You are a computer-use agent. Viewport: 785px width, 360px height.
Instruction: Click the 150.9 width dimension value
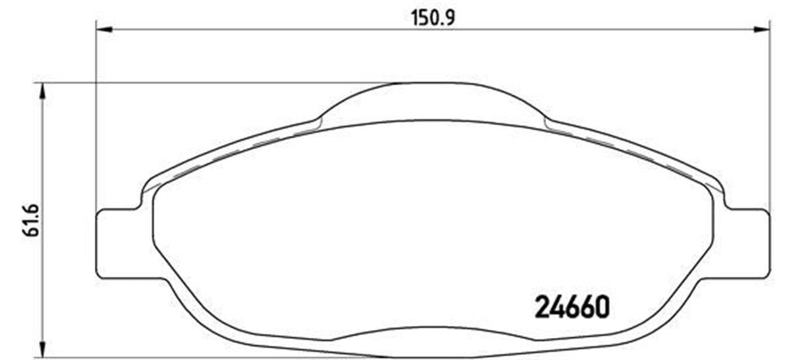[433, 18]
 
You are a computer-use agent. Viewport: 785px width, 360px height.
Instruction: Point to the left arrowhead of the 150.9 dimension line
[104, 29]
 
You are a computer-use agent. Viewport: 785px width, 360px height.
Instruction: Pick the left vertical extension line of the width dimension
[96, 118]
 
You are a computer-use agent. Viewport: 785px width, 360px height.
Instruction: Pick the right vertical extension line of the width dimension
[770, 118]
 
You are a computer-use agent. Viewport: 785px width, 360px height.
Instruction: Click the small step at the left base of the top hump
[319, 120]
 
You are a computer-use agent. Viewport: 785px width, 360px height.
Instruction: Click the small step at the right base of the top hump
[547, 120]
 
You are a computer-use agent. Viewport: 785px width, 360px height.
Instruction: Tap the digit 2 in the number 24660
[544, 307]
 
